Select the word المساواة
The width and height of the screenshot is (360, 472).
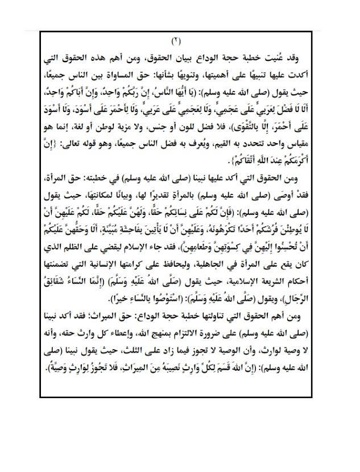[x=154, y=73]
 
